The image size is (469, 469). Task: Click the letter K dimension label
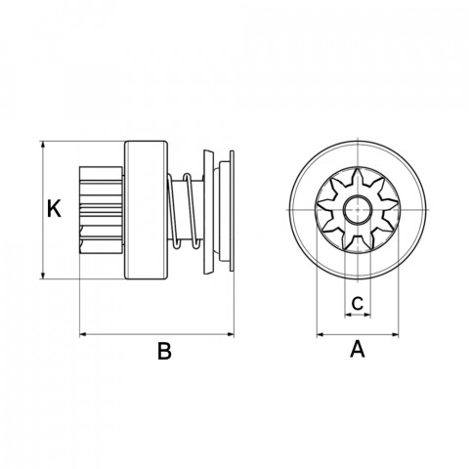(x=54, y=208)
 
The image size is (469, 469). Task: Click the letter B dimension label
(x=164, y=351)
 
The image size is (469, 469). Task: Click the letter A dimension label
(x=358, y=349)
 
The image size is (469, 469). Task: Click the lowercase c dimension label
(x=358, y=303)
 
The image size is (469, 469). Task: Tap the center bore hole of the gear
(x=358, y=210)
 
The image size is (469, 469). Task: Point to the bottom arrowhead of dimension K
(x=43, y=275)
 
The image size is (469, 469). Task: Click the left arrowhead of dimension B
(x=84, y=334)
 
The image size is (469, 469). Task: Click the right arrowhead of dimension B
(x=230, y=334)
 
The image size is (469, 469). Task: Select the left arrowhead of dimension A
(x=321, y=334)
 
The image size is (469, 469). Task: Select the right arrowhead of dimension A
(x=394, y=334)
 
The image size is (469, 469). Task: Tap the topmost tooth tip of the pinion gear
(x=358, y=169)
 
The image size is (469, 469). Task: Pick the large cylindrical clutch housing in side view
(x=146, y=210)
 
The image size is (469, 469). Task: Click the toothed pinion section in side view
(x=101, y=210)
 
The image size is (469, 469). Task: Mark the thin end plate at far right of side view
(x=232, y=211)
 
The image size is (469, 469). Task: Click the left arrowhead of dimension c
(x=348, y=315)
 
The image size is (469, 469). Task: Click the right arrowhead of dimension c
(x=367, y=315)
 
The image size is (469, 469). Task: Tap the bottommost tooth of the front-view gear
(x=358, y=246)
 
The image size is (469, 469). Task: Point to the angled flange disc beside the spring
(x=208, y=211)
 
